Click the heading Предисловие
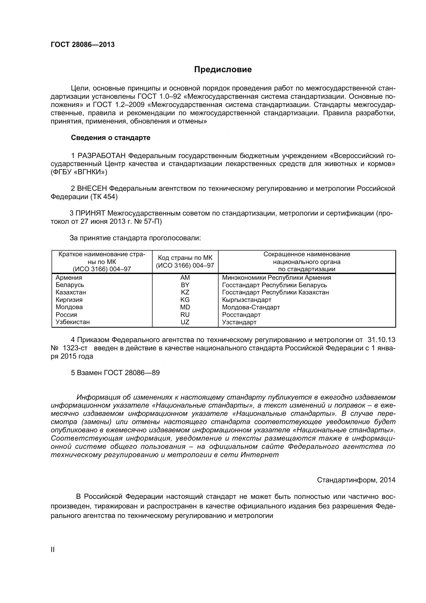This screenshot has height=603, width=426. (223, 70)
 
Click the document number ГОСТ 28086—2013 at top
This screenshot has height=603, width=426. (83, 45)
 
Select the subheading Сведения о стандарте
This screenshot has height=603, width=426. (111, 138)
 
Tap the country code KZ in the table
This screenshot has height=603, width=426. (185, 292)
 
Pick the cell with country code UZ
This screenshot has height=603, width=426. (185, 322)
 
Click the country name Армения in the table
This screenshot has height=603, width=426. (69, 278)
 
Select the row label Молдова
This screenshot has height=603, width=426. (69, 307)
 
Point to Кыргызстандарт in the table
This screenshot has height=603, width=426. (246, 300)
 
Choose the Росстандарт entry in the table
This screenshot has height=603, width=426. (241, 315)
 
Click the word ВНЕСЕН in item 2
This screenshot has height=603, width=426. (92, 188)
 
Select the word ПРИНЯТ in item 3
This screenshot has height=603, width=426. (90, 213)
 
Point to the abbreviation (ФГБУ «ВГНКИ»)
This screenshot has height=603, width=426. (79, 172)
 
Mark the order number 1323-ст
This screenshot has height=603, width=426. (75, 348)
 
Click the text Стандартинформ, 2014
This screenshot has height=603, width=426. (356, 480)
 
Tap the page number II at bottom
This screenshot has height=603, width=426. (53, 549)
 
